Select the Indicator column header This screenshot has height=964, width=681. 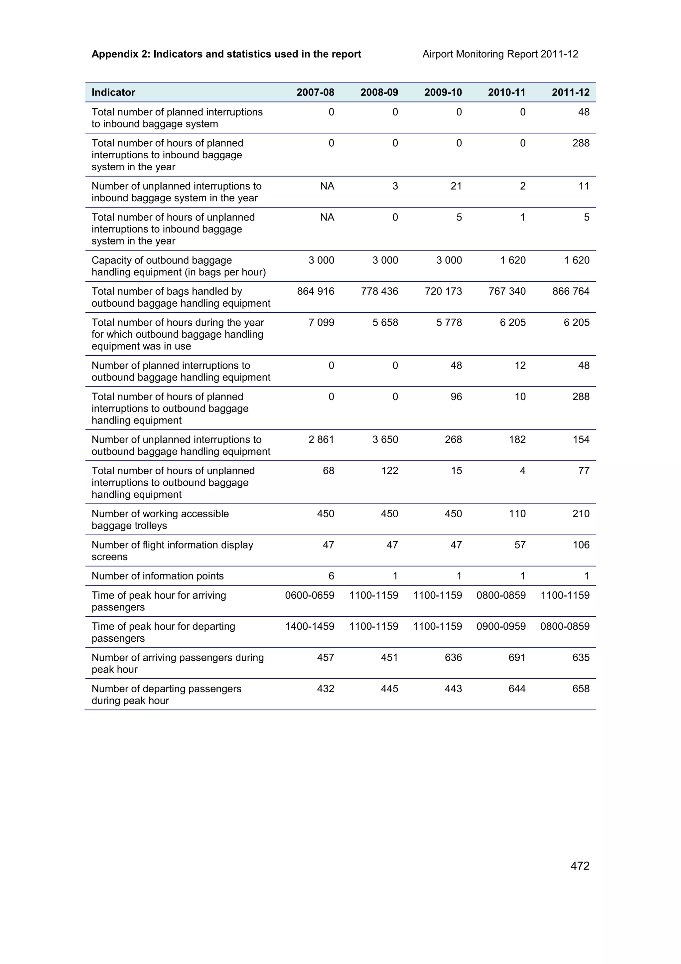(113, 92)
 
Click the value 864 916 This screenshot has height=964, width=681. (316, 291)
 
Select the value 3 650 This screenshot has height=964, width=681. (385, 440)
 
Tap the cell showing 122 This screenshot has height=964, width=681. (389, 471)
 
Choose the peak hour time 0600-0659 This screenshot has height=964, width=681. (310, 595)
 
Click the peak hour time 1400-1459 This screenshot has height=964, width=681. (310, 626)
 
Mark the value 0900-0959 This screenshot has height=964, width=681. (501, 626)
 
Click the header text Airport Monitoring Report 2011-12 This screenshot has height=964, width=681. (500, 54)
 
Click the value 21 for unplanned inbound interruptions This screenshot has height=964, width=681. (456, 186)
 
